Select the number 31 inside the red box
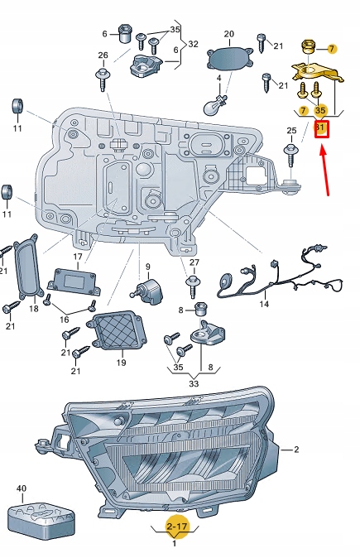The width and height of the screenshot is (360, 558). point(321,128)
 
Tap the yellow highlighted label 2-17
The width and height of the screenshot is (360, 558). point(175,525)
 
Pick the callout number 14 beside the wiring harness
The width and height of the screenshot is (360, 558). point(264,304)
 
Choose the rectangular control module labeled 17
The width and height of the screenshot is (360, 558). point(74,281)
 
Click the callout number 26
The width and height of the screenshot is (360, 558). point(103,56)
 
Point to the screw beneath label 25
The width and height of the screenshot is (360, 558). point(291,151)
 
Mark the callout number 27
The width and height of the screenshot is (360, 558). point(194,263)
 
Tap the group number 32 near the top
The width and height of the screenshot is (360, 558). point(193,43)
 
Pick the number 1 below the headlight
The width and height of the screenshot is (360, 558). point(175,544)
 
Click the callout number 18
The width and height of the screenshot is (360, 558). point(34,309)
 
